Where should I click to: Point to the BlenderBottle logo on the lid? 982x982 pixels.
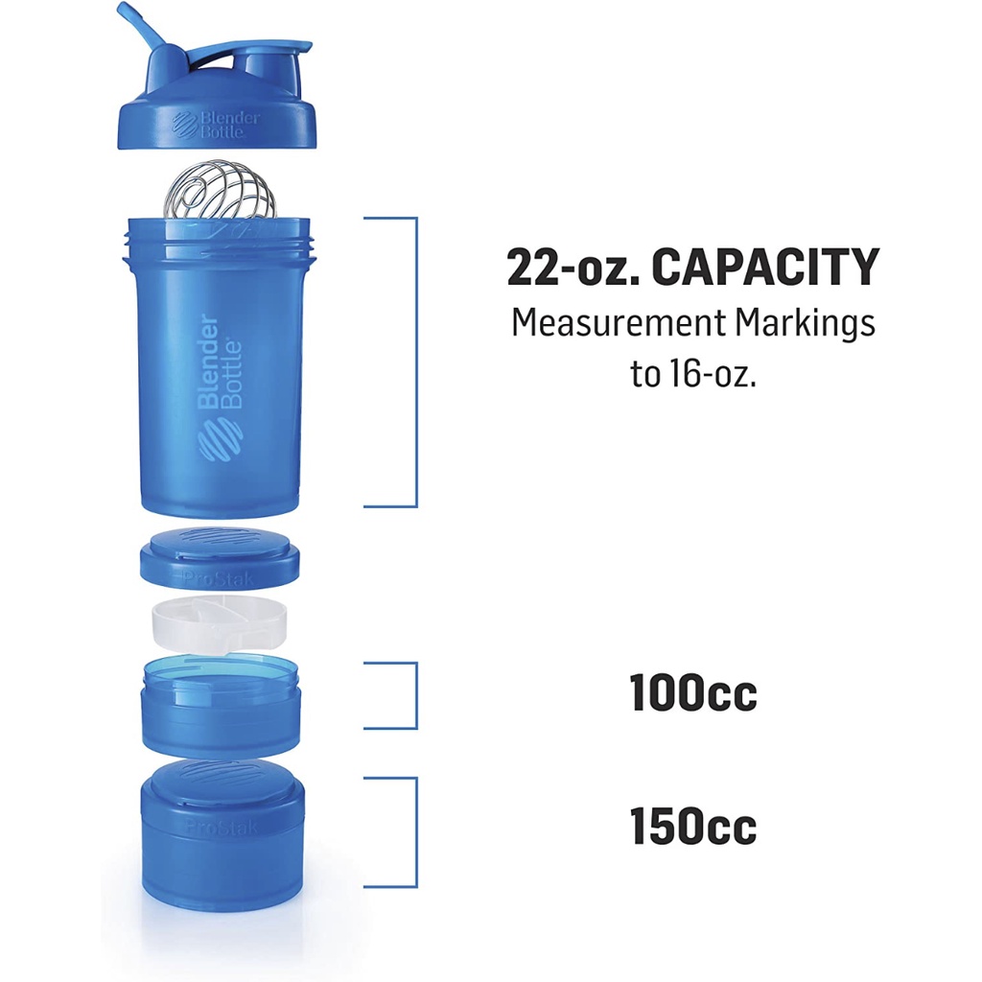[207, 124]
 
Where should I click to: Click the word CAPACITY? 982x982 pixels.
[764, 267]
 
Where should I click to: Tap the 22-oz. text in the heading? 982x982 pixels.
[573, 267]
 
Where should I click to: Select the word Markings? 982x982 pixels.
[806, 324]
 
